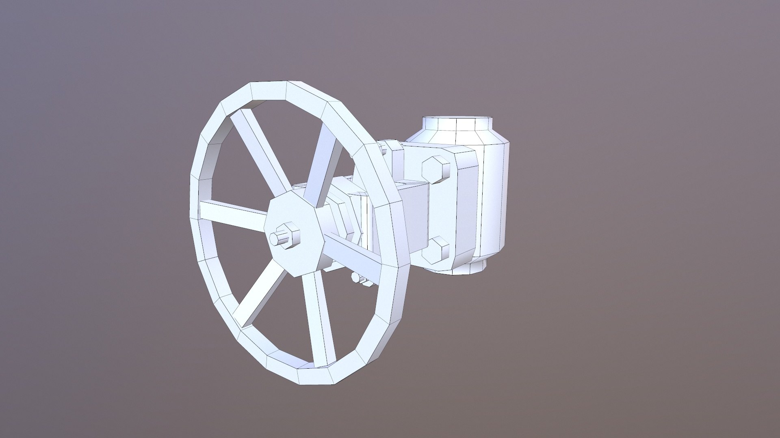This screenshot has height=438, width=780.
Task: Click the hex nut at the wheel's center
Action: (x=289, y=236)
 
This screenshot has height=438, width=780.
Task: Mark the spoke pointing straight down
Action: (x=321, y=316)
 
